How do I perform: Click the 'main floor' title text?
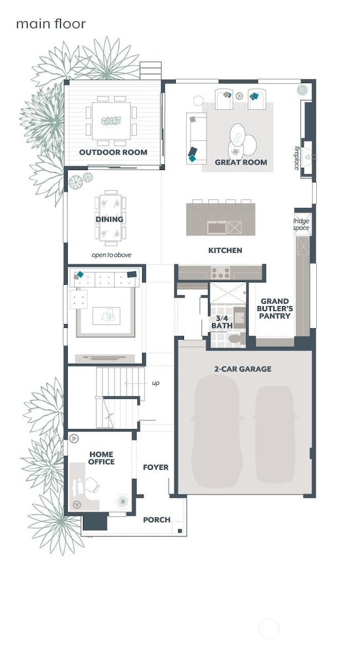point(50,24)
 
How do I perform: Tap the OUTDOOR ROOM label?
point(113,152)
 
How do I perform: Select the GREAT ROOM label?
point(241,162)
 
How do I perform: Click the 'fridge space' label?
point(301,224)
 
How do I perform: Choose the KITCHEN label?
point(225,250)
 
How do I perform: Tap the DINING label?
point(109,219)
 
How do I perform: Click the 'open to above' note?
point(111,255)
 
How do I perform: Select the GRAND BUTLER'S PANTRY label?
point(275,308)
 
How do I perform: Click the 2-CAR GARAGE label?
point(243,369)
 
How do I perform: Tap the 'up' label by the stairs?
point(156,383)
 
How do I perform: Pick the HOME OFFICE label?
point(101,458)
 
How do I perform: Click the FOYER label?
point(156,467)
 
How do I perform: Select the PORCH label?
point(157,520)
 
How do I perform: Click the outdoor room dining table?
point(111,121)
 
